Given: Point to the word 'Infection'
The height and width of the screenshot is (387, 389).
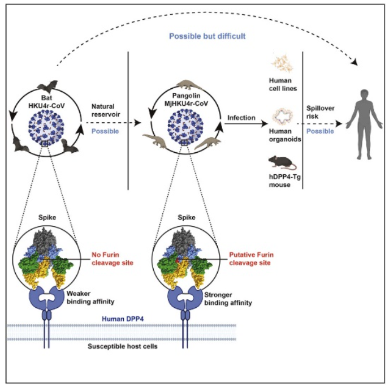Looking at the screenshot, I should (x=242, y=117).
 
